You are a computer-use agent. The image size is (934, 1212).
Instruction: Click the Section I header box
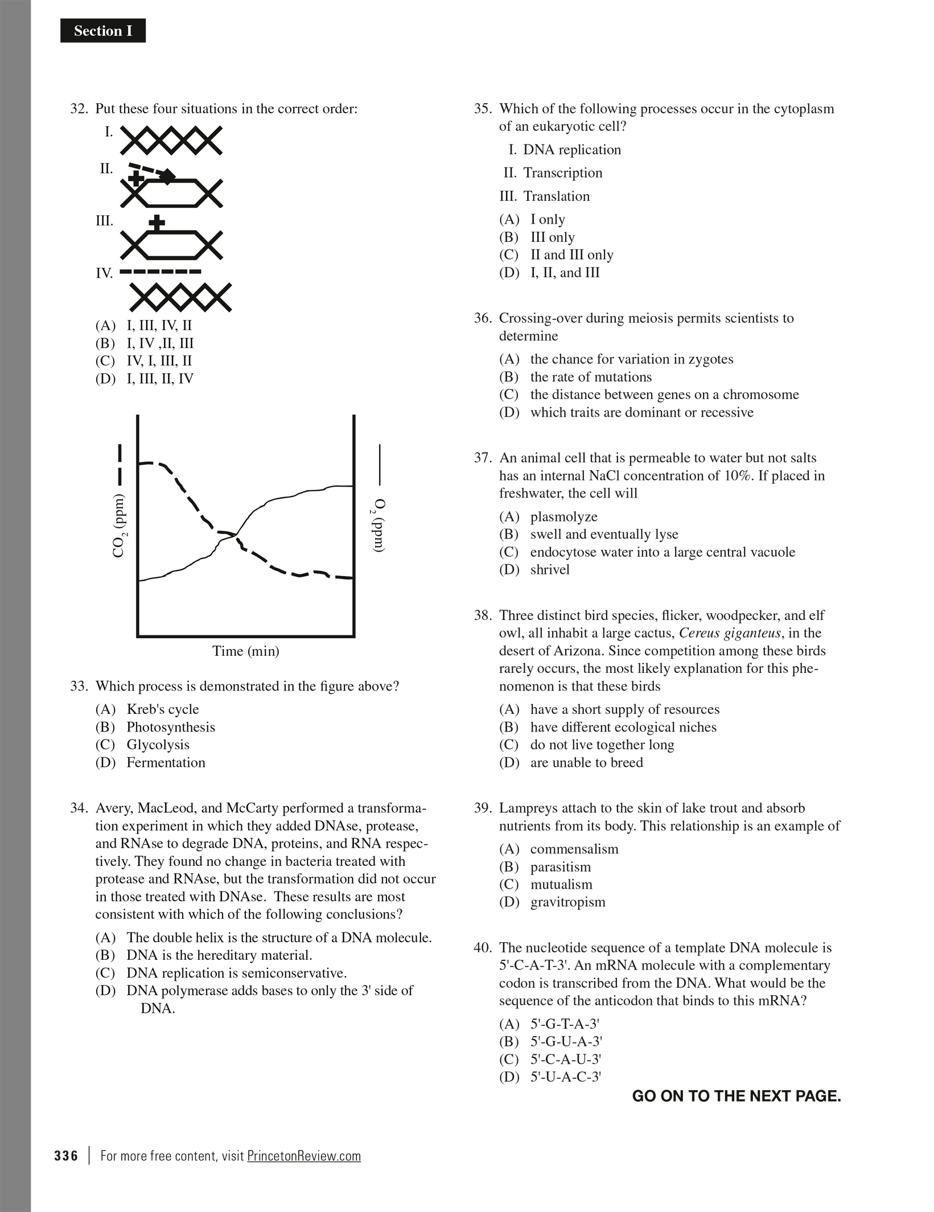click(x=103, y=31)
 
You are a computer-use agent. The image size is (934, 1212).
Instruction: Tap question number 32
click(x=78, y=109)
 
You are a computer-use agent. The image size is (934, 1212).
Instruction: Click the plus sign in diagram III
click(x=157, y=223)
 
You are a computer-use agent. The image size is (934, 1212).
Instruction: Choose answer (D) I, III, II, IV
click(x=160, y=379)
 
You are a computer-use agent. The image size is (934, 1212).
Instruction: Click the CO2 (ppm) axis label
click(x=119, y=525)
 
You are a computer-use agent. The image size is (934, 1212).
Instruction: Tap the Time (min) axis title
click(x=246, y=651)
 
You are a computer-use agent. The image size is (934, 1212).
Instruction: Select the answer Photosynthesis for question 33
click(x=170, y=727)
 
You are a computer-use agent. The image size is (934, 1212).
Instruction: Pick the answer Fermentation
click(x=166, y=762)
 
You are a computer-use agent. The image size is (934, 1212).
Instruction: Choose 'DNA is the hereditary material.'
click(x=219, y=955)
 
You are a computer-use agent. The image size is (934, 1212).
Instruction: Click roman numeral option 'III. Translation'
click(x=556, y=196)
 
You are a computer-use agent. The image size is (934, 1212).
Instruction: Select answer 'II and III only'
click(x=571, y=254)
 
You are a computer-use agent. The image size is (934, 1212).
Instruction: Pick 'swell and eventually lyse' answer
click(x=604, y=534)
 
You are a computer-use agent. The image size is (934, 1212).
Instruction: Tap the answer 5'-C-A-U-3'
click(x=566, y=1059)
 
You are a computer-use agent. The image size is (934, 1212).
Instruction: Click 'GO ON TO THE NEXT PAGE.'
click(x=736, y=1096)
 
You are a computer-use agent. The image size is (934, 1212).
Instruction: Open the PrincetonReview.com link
click(x=304, y=1156)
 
